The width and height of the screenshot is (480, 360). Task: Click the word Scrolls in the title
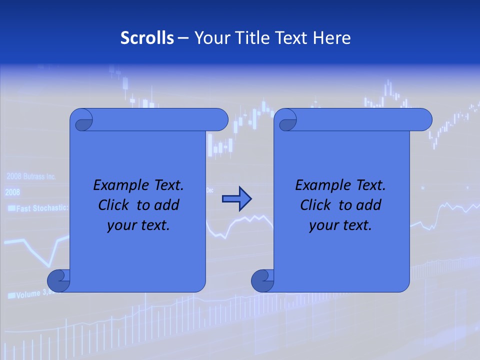click(147, 38)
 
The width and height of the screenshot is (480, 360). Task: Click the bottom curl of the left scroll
click(58, 280)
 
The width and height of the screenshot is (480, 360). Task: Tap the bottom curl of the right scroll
click(262, 280)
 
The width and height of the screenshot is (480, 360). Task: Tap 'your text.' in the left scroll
click(138, 225)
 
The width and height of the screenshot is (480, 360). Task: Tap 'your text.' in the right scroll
click(340, 225)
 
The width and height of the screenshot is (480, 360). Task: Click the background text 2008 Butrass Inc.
click(31, 176)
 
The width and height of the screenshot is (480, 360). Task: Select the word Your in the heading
click(210, 38)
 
